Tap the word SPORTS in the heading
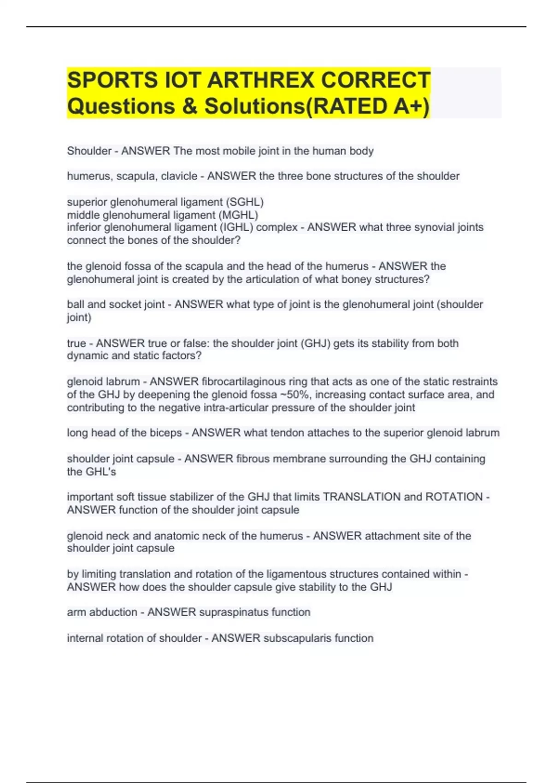[x=112, y=80]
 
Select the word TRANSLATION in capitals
[x=362, y=497]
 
